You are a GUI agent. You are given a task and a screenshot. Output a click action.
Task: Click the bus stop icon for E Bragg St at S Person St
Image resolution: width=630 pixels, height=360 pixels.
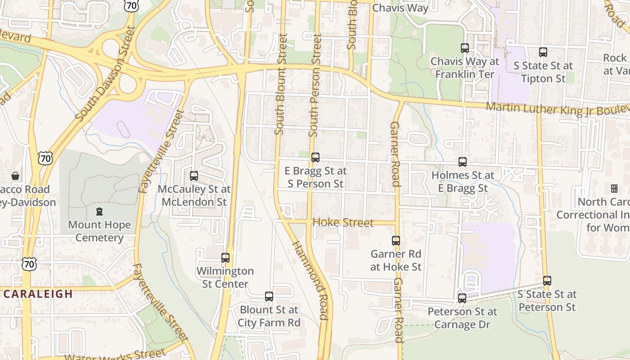tap(315, 157)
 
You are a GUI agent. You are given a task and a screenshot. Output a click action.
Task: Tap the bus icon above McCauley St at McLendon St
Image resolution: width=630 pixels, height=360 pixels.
tap(194, 176)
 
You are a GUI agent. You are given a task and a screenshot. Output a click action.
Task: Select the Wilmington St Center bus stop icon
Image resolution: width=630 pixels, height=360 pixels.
tap(225, 258)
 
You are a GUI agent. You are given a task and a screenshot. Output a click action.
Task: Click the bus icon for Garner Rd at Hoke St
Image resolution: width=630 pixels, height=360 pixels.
tap(396, 241)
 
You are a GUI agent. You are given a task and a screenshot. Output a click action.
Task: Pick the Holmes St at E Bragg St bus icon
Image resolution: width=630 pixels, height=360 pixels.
tap(463, 162)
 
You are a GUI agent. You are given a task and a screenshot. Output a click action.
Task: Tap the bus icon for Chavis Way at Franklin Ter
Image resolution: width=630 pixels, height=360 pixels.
tap(465, 48)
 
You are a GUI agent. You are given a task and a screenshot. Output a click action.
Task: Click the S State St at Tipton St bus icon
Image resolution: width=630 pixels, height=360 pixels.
tap(543, 52)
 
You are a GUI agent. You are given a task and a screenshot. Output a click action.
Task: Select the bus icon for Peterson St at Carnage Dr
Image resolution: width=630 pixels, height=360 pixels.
tap(462, 298)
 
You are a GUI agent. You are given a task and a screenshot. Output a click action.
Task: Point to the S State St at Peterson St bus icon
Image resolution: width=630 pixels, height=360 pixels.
tap(547, 281)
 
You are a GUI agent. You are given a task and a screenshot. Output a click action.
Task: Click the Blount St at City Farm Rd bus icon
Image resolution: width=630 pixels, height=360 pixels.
tap(269, 297)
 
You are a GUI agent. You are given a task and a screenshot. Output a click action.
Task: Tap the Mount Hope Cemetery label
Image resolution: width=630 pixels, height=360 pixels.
tap(99, 231)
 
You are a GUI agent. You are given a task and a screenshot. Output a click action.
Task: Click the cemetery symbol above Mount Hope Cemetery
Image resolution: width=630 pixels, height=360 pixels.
tap(99, 211)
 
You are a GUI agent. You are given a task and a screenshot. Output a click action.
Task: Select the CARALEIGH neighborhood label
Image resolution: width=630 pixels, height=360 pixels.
tap(38, 294)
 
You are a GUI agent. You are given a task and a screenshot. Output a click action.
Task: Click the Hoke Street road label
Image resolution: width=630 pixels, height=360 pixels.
tap(343, 223)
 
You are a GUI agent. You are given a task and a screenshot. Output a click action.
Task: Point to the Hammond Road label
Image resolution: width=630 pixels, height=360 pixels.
tap(310, 279)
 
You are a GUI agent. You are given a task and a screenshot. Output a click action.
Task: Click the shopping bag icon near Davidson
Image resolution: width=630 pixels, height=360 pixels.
tap(15, 176)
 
